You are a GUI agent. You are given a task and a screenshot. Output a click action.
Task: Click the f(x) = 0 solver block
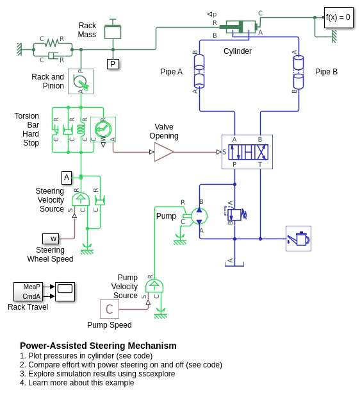point(339,17)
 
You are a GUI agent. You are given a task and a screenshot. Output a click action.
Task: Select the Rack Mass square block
point(113,32)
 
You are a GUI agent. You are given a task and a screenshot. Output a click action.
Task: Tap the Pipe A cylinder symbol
point(199,71)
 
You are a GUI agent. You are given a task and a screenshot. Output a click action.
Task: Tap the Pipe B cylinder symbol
point(299,72)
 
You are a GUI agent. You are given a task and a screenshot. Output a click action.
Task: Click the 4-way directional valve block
point(247,152)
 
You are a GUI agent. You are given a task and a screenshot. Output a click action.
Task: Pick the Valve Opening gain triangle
point(164,152)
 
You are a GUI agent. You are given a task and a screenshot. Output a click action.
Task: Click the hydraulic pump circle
point(199,216)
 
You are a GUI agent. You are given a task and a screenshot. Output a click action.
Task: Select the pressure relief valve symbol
point(235,214)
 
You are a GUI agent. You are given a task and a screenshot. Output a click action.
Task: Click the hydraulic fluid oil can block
point(299,239)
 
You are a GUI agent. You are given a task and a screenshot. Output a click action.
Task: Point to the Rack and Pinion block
point(81,81)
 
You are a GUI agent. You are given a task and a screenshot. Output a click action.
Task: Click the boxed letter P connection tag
point(113,64)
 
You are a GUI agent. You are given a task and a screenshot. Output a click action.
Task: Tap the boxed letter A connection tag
point(67,178)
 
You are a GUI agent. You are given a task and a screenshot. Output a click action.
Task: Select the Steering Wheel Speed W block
point(51,239)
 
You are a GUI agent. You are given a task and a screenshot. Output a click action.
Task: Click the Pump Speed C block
point(110,309)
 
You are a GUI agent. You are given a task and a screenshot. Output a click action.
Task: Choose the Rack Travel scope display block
point(65,292)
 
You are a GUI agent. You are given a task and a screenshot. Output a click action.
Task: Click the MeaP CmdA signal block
point(28,292)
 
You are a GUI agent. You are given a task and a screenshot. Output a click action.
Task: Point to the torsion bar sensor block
point(103,130)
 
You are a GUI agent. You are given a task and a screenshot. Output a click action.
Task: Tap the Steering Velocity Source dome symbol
point(81,199)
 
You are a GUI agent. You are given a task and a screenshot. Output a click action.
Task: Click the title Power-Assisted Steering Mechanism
point(98,346)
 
